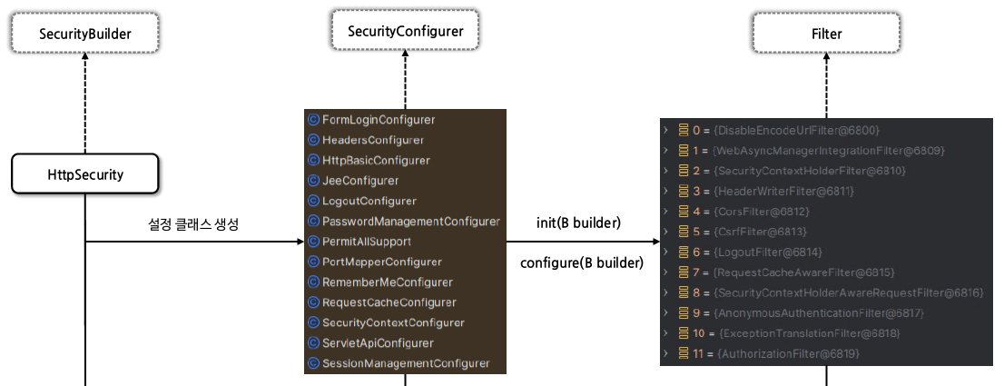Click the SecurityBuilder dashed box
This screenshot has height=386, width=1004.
pos(85,35)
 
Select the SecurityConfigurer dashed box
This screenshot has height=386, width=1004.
pos(405,32)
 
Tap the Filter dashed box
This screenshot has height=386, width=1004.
pos(826,35)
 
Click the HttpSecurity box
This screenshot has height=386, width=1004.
pos(85,173)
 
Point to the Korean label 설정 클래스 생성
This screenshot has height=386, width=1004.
pos(192,224)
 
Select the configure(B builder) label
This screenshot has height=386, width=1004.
pos(581,263)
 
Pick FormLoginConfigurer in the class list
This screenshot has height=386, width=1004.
pos(378,120)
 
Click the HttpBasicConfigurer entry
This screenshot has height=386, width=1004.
pos(376,161)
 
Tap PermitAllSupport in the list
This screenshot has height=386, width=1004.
pos(366,242)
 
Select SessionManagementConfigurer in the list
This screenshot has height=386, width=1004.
pos(405,363)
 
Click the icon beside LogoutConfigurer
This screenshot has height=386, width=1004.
pos(313,201)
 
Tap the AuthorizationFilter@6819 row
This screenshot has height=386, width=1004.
pos(787,353)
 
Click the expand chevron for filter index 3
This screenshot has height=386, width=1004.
pos(666,191)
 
